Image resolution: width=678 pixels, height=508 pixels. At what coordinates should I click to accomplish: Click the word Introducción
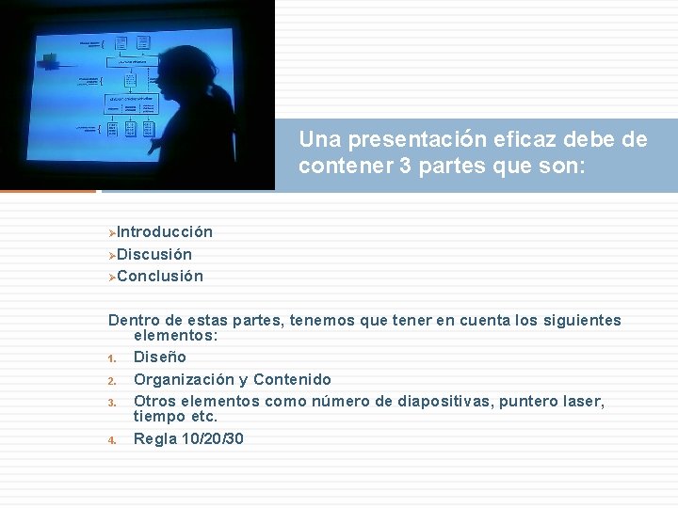pos(165,231)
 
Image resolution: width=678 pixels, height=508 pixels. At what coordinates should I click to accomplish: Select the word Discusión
pos(154,254)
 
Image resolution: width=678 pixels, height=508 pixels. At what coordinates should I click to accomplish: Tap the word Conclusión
pos(160,277)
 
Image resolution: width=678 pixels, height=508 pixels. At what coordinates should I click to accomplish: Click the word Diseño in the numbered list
pos(160,357)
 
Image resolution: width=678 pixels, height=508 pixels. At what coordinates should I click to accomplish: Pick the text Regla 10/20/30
pos(188,438)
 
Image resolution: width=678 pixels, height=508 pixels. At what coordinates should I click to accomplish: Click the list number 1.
pos(111,358)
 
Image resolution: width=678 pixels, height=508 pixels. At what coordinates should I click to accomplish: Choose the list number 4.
pos(111,439)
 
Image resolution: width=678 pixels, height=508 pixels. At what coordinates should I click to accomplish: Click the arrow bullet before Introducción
pos(111,232)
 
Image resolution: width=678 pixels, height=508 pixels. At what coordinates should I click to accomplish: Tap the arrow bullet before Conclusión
pos(111,278)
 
